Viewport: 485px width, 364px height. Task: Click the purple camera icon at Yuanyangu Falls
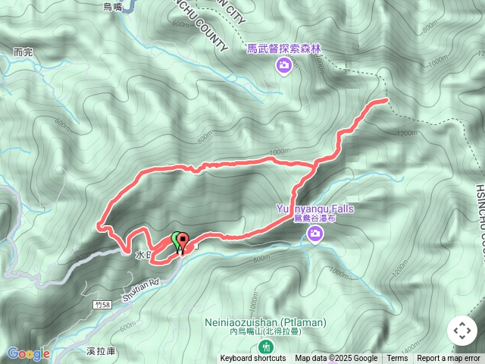(315, 237)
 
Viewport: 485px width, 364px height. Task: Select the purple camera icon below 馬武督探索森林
(283, 67)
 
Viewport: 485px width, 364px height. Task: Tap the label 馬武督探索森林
(284, 49)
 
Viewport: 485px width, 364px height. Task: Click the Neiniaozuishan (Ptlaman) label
(265, 322)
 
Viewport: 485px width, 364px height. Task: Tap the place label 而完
(23, 53)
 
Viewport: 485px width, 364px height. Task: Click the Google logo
(28, 353)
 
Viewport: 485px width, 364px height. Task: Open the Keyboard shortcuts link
(253, 359)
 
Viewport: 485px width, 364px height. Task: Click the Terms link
(397, 359)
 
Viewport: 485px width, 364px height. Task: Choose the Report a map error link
(449, 359)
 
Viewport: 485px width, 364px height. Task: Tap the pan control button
(462, 331)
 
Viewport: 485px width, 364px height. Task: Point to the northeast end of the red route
(386, 99)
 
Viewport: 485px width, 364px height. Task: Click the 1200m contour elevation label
(407, 133)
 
